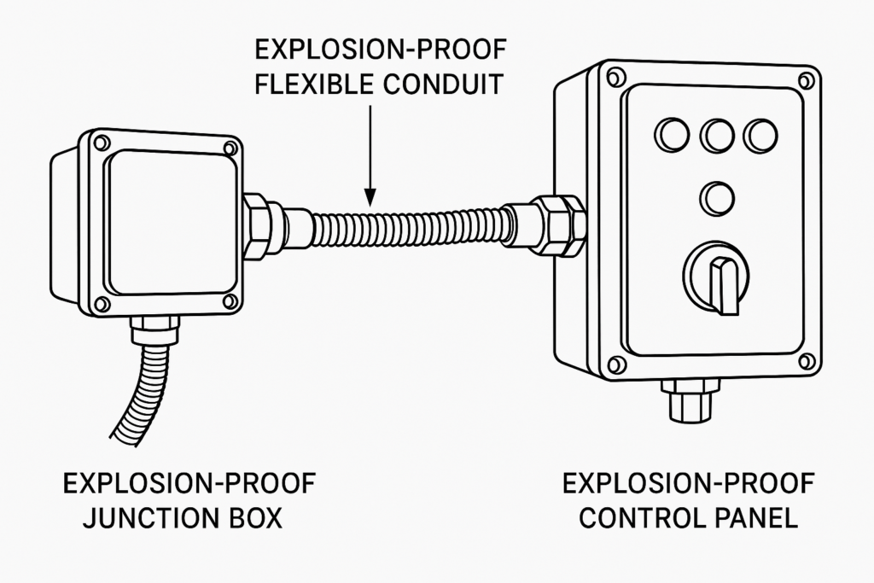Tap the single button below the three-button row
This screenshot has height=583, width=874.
pos(717,199)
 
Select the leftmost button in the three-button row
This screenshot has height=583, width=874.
pos(671,134)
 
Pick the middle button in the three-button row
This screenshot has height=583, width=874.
pos(717,134)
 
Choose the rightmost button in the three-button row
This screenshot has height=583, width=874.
pos(761,134)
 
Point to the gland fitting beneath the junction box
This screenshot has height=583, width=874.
pos(154,328)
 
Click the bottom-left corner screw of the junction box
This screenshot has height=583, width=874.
pos(102,303)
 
